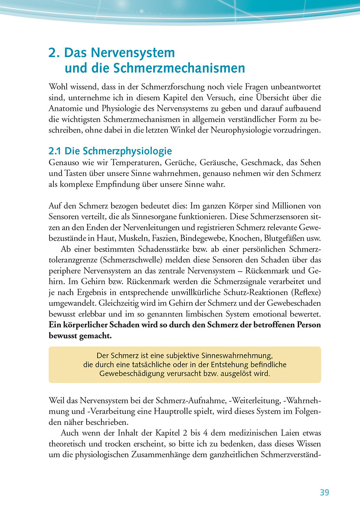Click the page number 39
pyautogui.click(x=324, y=492)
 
